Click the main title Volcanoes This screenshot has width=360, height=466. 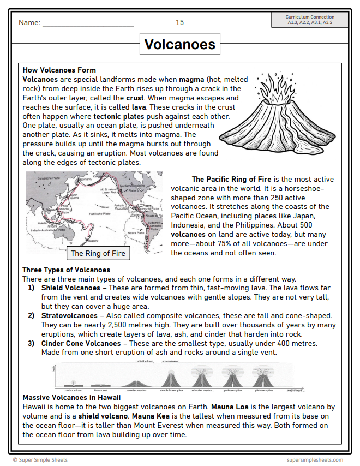pos(179,44)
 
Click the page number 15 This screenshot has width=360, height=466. pos(179,22)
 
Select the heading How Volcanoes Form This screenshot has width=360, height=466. pos(59,70)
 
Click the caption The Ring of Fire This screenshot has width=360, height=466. pos(98,253)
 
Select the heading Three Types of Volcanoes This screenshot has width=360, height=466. pos(66,270)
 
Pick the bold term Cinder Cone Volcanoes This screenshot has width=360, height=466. pos(81,343)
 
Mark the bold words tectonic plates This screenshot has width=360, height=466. pos(118,116)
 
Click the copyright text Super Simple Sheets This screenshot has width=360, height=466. pos(41,460)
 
